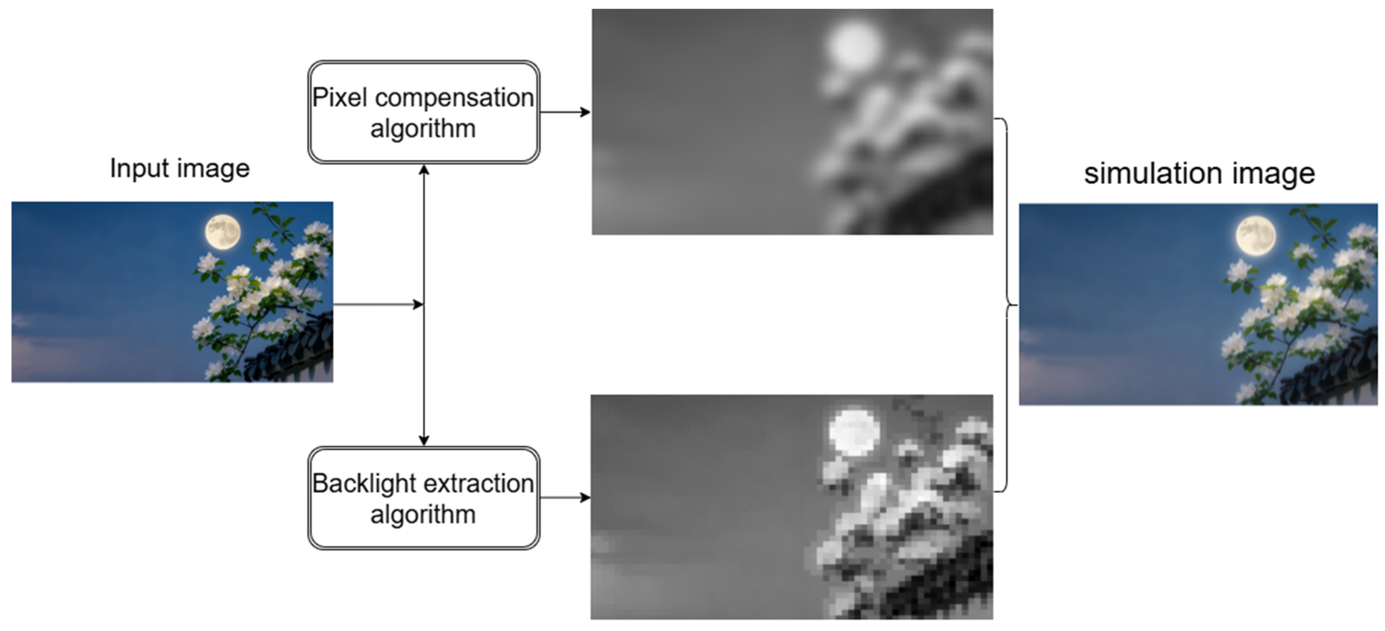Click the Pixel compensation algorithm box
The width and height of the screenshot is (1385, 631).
(423, 112)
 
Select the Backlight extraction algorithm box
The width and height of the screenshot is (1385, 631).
(423, 498)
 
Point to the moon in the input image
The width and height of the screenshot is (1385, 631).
(223, 232)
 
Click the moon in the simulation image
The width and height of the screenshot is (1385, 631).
(1255, 236)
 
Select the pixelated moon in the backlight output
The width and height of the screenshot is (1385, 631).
(854, 433)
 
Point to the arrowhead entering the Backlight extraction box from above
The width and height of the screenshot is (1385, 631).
(423, 440)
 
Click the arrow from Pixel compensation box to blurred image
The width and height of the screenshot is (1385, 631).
(565, 112)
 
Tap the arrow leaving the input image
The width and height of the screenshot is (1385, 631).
(376, 305)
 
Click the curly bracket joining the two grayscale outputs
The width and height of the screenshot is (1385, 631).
(1005, 305)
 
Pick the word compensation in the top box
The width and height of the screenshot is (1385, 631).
(455, 98)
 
